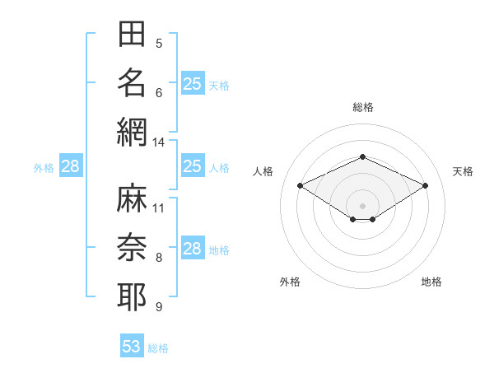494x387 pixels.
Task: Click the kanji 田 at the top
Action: [x=132, y=34]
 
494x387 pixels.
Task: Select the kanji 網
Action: [x=132, y=133]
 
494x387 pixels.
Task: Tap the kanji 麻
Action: [x=132, y=198]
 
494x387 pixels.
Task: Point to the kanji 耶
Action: [x=132, y=296]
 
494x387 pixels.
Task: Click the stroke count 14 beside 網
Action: [x=158, y=142]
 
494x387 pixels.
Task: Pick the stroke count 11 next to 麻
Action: [x=158, y=208]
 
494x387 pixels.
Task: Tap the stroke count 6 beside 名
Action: [x=159, y=93]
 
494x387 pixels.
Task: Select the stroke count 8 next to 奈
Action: [x=159, y=258]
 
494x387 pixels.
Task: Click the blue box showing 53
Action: [x=132, y=345]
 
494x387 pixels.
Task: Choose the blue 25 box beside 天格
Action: [x=193, y=83]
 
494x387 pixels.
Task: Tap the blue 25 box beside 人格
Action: [x=193, y=166]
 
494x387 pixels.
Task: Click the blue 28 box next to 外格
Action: [x=71, y=166]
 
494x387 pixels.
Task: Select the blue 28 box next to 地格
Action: [x=193, y=247]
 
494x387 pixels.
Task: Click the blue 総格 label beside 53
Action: [x=158, y=348]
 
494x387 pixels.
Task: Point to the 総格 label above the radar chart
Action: [x=363, y=107]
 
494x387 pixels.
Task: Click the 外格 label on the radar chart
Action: [x=290, y=282]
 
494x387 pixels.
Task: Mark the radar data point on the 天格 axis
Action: [x=426, y=185]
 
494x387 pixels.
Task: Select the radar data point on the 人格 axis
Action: [x=301, y=185]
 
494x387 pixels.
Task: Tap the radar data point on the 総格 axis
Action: [x=363, y=156]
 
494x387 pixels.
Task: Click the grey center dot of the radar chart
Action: [x=362, y=206]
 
